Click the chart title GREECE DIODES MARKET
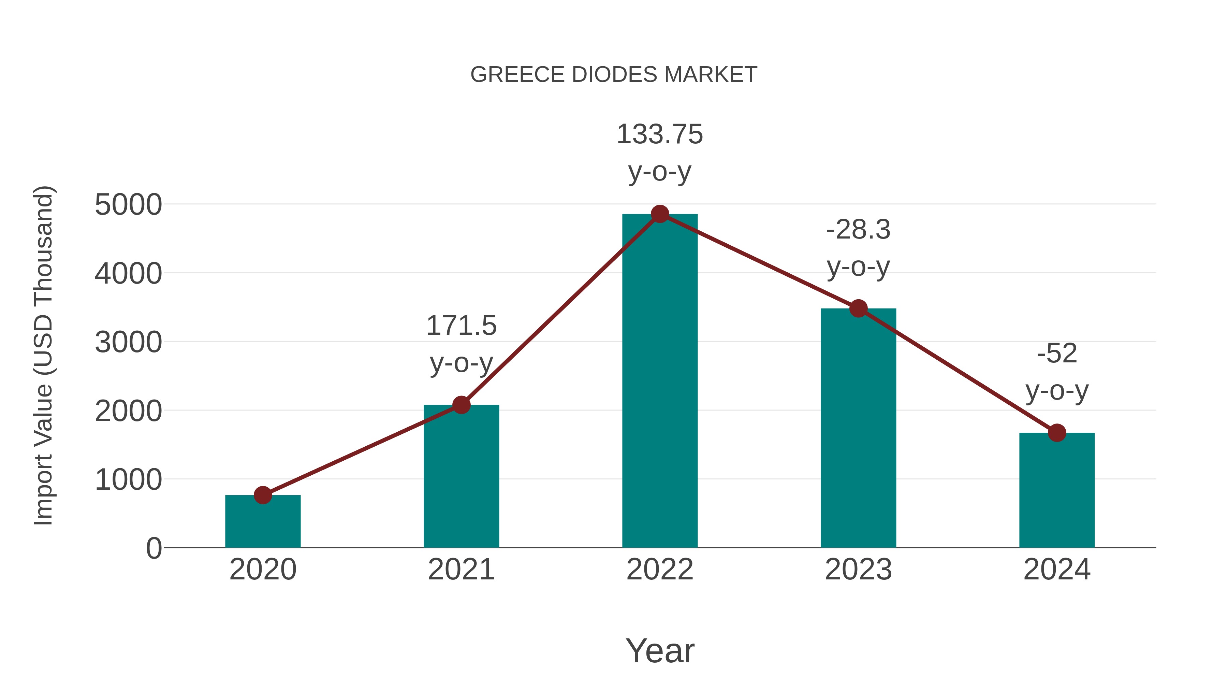tap(614, 75)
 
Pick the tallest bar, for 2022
tap(660, 381)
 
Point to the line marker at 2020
tap(263, 495)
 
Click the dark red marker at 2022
tap(660, 214)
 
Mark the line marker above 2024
tap(1057, 433)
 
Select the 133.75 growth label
tap(660, 134)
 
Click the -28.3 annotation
tap(858, 230)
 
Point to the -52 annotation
tap(1057, 354)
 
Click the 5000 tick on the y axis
tap(128, 205)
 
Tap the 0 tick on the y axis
tap(153, 548)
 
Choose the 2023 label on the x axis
tap(858, 570)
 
